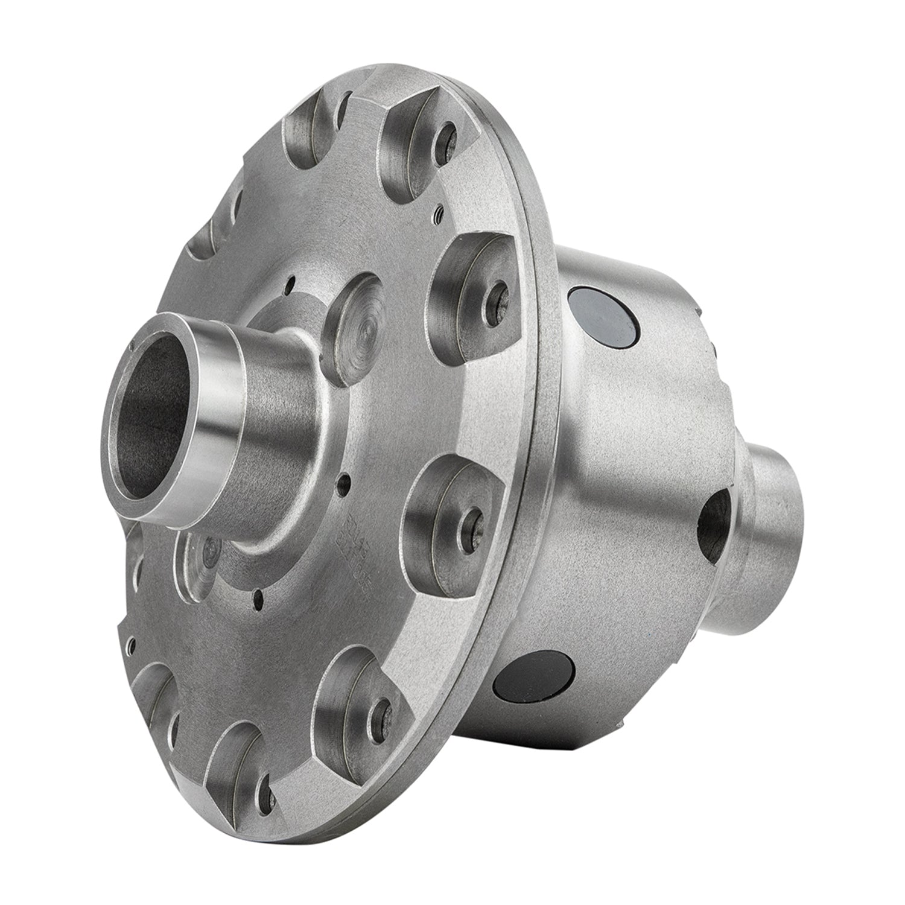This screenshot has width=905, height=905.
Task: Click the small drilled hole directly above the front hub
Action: [x=291, y=281]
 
